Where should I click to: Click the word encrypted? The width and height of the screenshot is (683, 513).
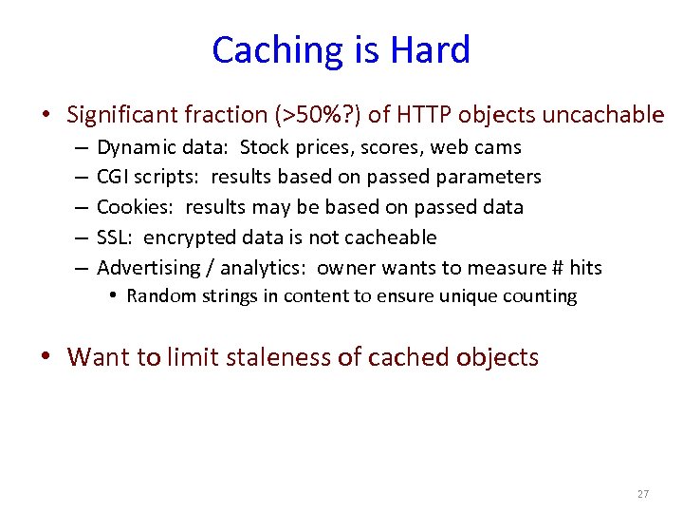click(186, 237)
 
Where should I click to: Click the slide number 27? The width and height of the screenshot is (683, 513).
click(642, 494)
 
